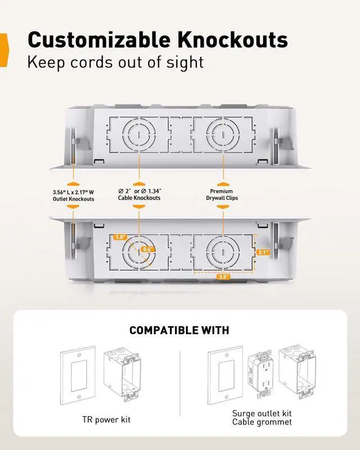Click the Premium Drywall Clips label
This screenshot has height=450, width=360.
(x=223, y=195)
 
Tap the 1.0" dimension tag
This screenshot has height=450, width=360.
(x=120, y=237)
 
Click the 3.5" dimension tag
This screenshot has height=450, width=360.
(x=224, y=276)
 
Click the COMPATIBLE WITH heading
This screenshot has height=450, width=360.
(x=179, y=330)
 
